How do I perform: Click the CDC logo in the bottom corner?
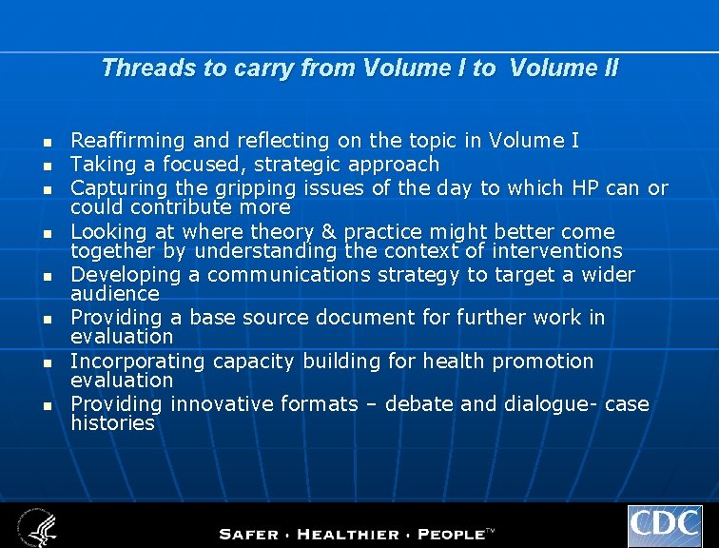click(x=664, y=525)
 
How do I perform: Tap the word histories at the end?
click(x=112, y=423)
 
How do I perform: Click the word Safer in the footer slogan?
click(x=252, y=534)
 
